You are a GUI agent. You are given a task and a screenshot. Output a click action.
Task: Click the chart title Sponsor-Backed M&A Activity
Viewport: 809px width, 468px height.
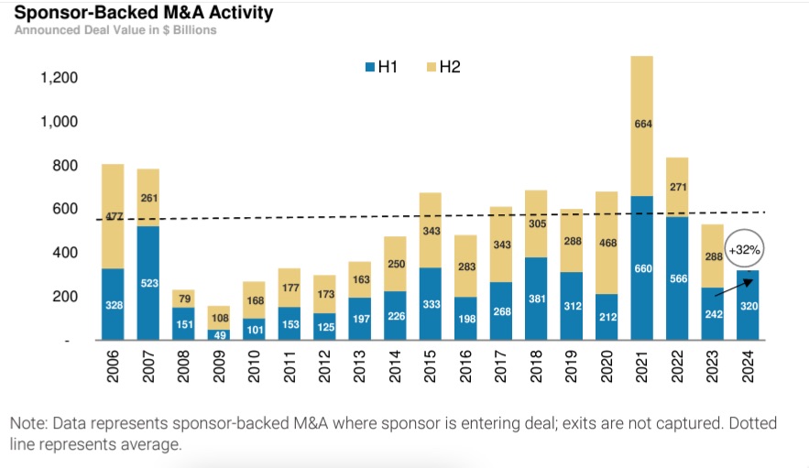pyautogui.click(x=143, y=13)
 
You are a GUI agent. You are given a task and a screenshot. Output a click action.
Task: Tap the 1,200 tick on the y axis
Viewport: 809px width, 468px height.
pyautogui.click(x=60, y=78)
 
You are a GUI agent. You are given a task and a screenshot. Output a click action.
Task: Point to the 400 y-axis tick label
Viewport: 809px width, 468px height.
pyautogui.click(x=66, y=253)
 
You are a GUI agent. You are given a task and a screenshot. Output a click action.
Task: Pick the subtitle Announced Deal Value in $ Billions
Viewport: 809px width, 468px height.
pyautogui.click(x=115, y=30)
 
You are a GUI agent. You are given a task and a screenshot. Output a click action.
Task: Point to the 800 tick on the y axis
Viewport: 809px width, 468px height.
pyautogui.click(x=66, y=166)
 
